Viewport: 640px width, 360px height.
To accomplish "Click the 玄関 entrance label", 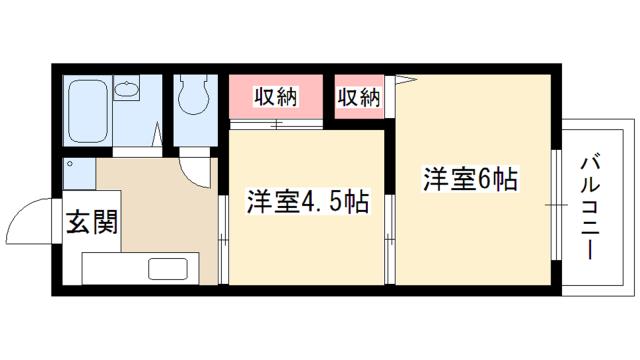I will tap(92, 222).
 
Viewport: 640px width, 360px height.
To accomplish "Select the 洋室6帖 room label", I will tap(469, 180).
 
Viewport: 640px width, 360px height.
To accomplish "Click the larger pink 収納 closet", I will tap(276, 97).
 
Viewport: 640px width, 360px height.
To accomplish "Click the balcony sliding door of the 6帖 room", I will tap(553, 205).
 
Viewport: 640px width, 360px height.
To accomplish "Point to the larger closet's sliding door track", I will tap(276, 124).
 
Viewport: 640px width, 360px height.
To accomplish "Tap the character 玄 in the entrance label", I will tap(79, 222).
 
